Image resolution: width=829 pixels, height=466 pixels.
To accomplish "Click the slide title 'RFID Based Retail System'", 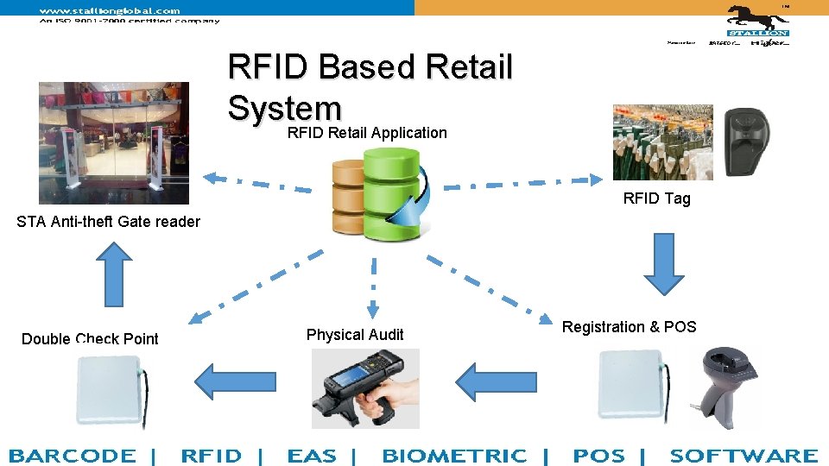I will coord(370,87).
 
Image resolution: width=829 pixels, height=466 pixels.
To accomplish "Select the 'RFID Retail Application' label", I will coord(367,133).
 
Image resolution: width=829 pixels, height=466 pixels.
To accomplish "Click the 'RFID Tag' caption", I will coord(656,198).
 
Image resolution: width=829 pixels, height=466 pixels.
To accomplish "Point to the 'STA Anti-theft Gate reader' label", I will coord(108,222).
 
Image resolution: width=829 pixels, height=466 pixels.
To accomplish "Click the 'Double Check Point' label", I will coord(90,339).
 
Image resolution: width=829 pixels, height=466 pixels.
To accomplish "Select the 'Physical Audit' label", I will coord(355,335).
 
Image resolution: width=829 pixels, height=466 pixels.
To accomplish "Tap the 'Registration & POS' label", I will coord(629,327).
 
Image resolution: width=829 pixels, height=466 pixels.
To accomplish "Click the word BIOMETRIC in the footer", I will coord(454,456).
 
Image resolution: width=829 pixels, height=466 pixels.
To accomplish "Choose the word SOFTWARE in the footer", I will coord(744,456).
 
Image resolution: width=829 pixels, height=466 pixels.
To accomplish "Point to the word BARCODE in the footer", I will coord(73,456).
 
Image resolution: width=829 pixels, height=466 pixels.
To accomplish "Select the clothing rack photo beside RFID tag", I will coord(662,142).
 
